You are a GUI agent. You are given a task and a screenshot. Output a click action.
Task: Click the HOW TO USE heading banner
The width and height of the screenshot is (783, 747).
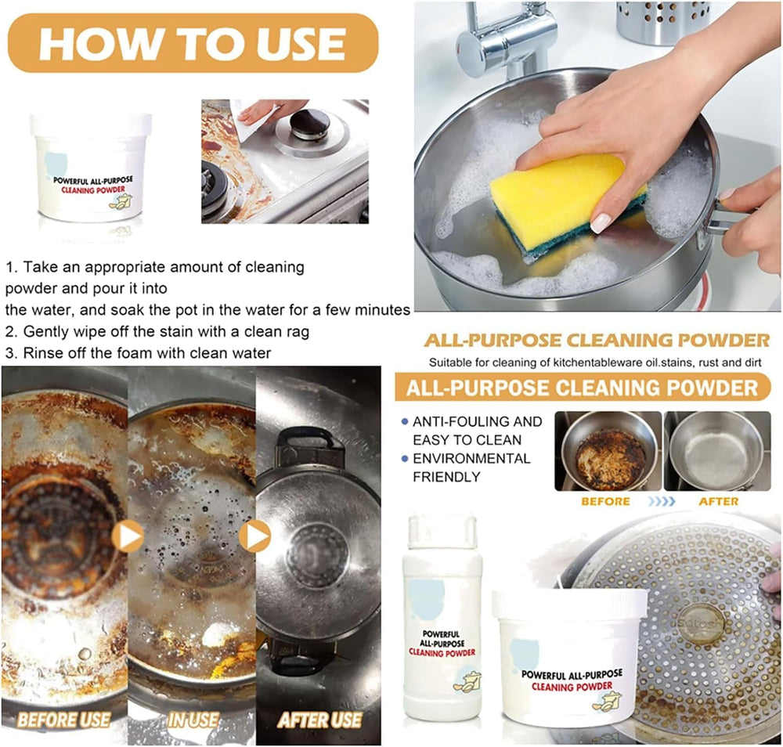(193, 43)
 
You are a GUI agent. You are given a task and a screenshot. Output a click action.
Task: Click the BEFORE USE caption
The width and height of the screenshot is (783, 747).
(63, 719)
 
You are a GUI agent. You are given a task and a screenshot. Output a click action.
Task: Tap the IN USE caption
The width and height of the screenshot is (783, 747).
(192, 719)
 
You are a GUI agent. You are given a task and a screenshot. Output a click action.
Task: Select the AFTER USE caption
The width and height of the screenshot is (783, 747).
(319, 719)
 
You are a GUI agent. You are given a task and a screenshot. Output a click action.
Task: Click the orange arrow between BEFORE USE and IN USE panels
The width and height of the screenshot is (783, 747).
(128, 536)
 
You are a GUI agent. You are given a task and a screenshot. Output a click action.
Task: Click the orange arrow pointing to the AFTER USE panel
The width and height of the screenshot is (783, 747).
(255, 536)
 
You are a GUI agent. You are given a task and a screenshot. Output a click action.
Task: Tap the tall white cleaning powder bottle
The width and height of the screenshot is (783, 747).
(442, 619)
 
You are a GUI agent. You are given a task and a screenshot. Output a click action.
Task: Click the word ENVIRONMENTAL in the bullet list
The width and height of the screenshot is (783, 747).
(471, 459)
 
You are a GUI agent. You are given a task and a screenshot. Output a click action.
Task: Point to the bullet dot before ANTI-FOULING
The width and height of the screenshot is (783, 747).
(403, 422)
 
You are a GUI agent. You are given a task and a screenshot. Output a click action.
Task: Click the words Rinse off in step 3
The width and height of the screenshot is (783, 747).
(57, 353)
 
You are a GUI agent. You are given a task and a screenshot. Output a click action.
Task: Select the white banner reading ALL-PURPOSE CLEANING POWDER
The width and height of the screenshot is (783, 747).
(578, 388)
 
